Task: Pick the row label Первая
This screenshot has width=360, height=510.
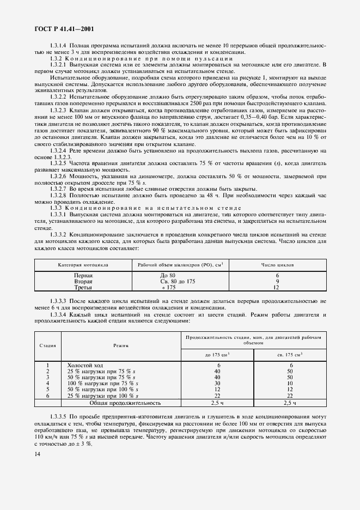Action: click(83, 276)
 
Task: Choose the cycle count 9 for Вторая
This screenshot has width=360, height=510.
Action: click(277, 281)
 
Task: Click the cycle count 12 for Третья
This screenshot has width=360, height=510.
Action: click(277, 287)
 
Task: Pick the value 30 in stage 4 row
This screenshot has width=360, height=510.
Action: click(218, 383)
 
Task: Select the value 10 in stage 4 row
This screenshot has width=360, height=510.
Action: click(290, 383)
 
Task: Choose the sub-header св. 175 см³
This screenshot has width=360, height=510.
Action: click(290, 354)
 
